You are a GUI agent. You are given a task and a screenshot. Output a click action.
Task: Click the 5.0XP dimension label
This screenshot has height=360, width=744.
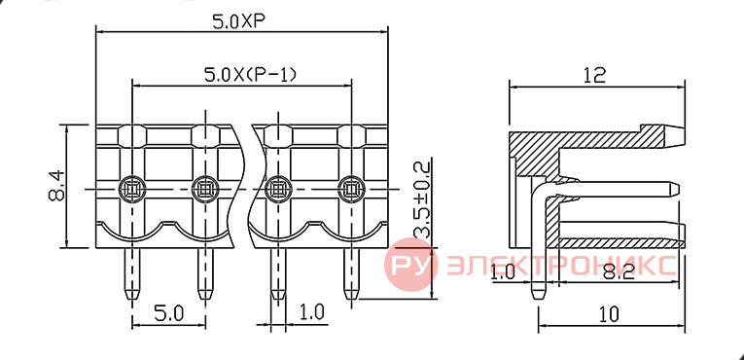238,21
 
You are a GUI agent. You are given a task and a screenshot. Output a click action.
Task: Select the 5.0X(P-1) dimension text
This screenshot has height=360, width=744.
250,75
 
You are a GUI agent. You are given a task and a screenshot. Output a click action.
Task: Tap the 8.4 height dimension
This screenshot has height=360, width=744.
57,186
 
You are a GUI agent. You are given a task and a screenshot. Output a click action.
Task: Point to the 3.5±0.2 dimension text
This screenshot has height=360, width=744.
421,199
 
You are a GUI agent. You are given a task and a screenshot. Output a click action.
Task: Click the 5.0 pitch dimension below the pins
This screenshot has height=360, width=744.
168,313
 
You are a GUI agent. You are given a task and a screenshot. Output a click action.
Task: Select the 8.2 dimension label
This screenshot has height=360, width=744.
619,272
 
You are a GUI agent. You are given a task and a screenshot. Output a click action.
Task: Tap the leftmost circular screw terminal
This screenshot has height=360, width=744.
132,189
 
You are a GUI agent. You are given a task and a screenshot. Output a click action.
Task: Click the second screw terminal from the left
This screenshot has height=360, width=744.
205,189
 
